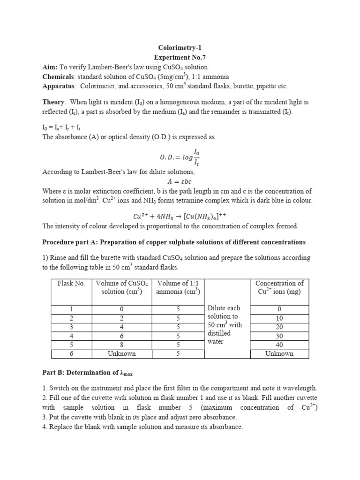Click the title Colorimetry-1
point(180,47)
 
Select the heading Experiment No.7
point(180,57)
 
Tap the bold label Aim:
point(50,67)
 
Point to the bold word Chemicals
point(58,76)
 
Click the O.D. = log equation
point(180,156)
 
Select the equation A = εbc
point(180,181)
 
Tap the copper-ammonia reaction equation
point(180,216)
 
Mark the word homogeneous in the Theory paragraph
point(161,102)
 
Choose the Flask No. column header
point(71,284)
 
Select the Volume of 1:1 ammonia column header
point(178,287)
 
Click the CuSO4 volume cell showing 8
point(122,345)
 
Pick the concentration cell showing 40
point(279,345)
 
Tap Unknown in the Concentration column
point(279,354)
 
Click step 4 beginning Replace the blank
point(142,427)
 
